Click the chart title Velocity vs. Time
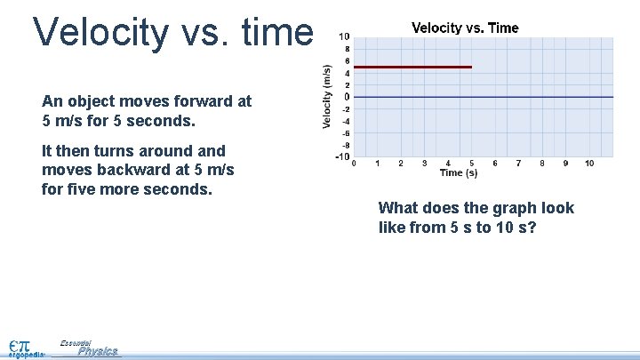point(465,28)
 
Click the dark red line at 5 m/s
point(412,67)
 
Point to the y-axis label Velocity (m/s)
point(327,96)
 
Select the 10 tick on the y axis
point(344,36)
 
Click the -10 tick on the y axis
point(342,157)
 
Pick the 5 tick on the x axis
point(471,164)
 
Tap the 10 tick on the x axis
point(588,164)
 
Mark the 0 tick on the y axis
point(346,97)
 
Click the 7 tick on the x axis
point(518,164)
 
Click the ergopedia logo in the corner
point(24,348)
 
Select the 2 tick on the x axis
point(401,164)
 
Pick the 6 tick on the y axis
point(346,60)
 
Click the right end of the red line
point(470,67)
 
